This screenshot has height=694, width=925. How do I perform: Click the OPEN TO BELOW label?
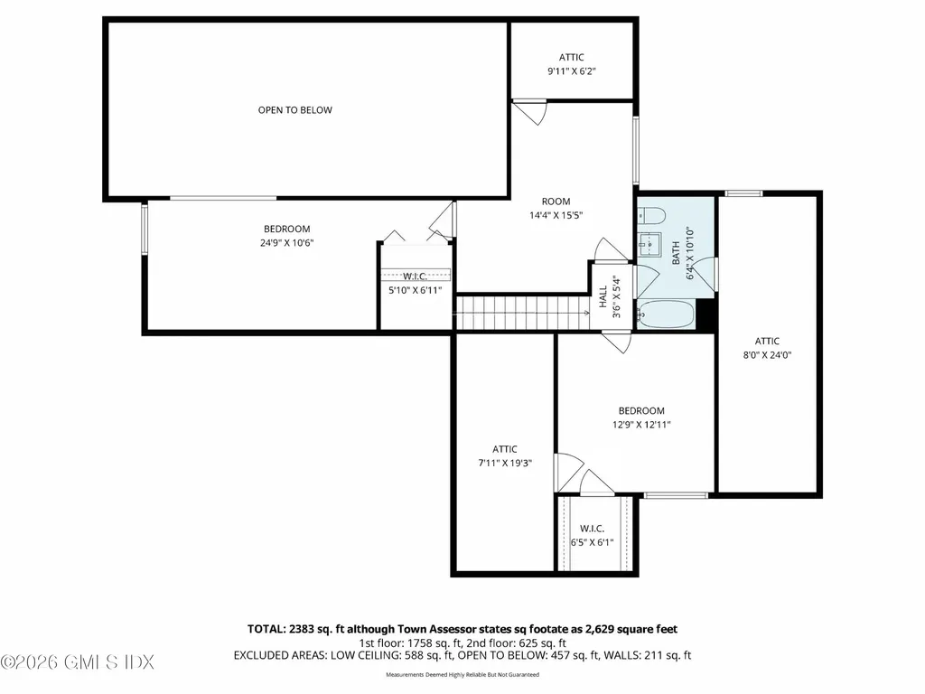click(x=294, y=110)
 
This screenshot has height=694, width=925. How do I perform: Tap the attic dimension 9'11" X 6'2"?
click(x=571, y=70)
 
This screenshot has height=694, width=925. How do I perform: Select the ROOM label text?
click(x=556, y=202)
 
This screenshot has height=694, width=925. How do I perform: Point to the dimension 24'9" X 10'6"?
click(x=286, y=242)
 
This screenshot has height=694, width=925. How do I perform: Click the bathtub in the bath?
click(x=665, y=315)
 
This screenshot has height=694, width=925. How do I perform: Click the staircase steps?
click(x=519, y=314)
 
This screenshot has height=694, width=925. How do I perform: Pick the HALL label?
click(x=603, y=296)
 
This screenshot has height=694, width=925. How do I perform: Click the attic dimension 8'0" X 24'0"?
click(x=767, y=355)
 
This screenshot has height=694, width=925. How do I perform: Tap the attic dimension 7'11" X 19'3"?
click(x=504, y=463)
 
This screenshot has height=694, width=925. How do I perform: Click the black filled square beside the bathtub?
click(x=706, y=316)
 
